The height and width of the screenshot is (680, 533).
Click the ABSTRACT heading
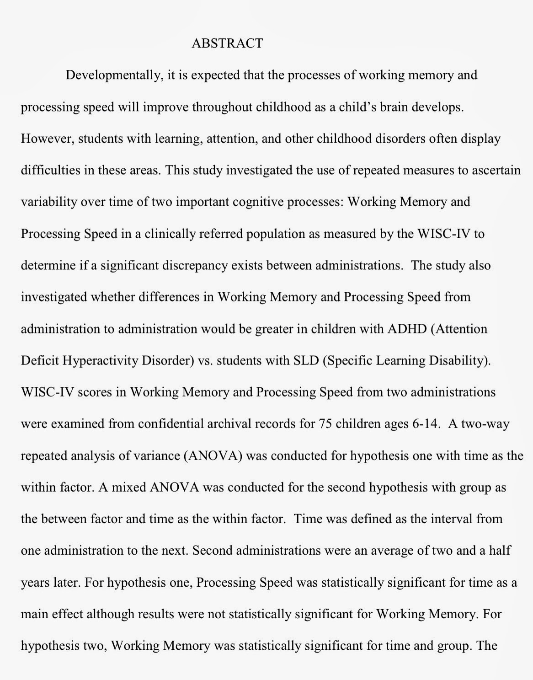227,43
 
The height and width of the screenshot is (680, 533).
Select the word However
47,139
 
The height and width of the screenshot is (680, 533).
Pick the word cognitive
257,202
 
